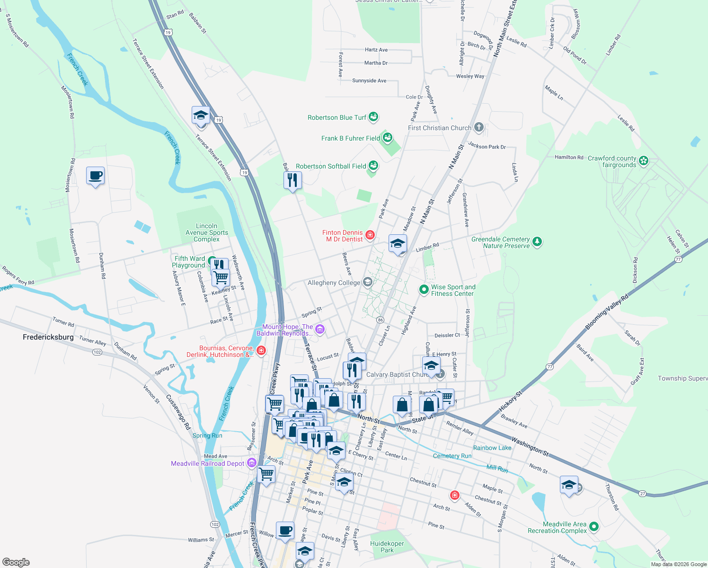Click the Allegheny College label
(x=334, y=283)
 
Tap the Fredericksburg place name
(x=48, y=337)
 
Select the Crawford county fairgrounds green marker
(x=643, y=161)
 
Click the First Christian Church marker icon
(x=478, y=127)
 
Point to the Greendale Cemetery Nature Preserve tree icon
(x=537, y=242)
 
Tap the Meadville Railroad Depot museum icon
(x=251, y=463)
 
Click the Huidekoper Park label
(x=387, y=547)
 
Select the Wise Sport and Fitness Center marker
(x=424, y=289)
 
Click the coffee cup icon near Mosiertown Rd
(x=95, y=176)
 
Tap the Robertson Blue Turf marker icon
(x=373, y=116)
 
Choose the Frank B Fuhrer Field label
(x=350, y=138)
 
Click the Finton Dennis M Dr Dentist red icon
(x=370, y=235)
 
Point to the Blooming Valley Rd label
(x=606, y=312)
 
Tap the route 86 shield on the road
(x=380, y=320)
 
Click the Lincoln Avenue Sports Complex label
(x=207, y=232)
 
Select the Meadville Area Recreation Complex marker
(x=594, y=526)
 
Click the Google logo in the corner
(x=16, y=562)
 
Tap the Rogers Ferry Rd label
(x=18, y=276)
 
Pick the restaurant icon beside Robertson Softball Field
(x=292, y=180)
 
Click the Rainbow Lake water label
(x=492, y=448)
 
